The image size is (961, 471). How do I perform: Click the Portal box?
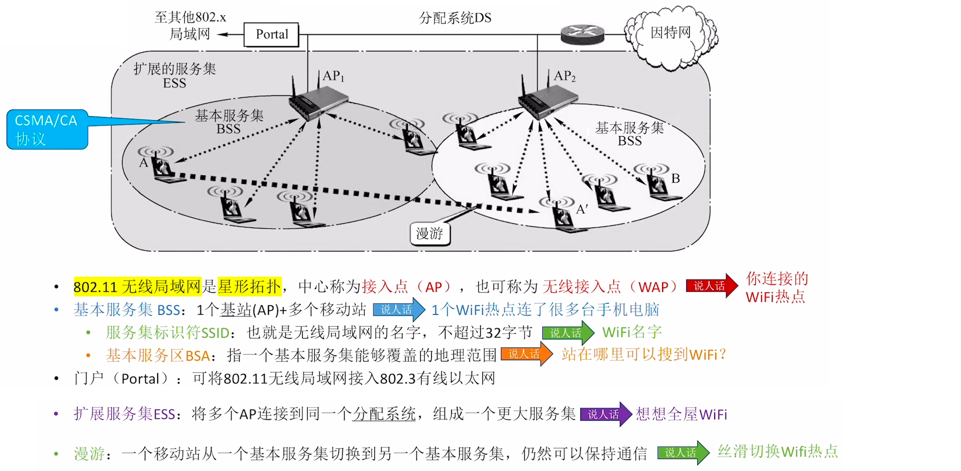point(271,34)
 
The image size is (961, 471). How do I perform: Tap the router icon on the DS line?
point(582,34)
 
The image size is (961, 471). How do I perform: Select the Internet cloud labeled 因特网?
point(671,34)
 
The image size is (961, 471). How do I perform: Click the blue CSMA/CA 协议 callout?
point(47,129)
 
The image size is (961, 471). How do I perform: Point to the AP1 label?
point(333,76)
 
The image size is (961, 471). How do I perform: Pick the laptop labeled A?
point(165,168)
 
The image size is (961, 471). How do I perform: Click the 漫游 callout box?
point(430,234)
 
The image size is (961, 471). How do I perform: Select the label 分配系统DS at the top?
point(455,18)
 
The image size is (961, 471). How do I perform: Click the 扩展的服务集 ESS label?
point(175,75)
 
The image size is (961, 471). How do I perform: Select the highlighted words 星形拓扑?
point(249,286)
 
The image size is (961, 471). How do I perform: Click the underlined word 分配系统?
point(384,414)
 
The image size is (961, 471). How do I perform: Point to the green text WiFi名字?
point(632,332)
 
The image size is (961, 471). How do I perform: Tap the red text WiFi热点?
point(775,297)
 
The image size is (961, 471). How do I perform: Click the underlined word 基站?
point(236,310)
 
